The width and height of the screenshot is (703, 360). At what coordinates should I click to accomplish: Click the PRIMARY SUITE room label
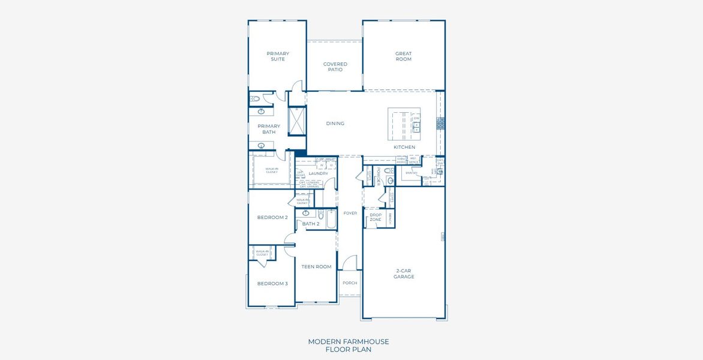coord(278,56)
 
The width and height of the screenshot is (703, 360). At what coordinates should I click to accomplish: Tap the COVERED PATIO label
coord(335,67)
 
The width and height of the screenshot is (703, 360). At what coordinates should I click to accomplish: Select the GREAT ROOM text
coord(404,56)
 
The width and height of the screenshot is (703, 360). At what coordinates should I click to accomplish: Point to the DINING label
coord(335,124)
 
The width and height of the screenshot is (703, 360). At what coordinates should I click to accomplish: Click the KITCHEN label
coord(404,147)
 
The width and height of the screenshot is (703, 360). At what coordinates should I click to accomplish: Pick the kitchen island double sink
coord(416,126)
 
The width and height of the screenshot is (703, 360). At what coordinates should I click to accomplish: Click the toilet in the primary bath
coord(255,98)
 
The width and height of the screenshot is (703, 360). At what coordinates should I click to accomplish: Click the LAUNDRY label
coord(318,173)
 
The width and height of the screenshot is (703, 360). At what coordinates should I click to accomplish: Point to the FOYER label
coord(350,213)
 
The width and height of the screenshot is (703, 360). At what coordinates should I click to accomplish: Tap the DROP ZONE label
coord(375,217)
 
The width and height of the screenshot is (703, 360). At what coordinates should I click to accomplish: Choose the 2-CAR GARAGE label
coord(404,274)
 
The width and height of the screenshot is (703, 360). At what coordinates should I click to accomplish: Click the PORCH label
coord(350,283)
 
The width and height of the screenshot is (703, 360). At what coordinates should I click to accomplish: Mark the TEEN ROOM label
coord(316,266)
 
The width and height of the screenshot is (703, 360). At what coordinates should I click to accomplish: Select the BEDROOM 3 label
coord(272,283)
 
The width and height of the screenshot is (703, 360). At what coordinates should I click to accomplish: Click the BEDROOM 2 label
coord(272,217)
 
